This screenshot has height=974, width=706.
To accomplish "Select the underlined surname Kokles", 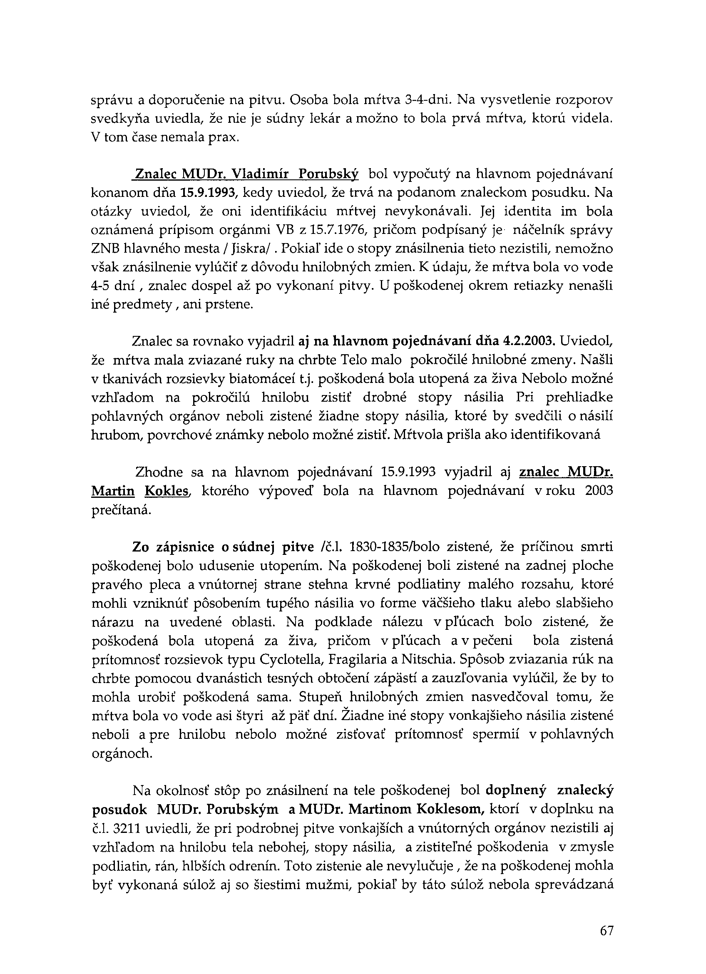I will click(x=168, y=491).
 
